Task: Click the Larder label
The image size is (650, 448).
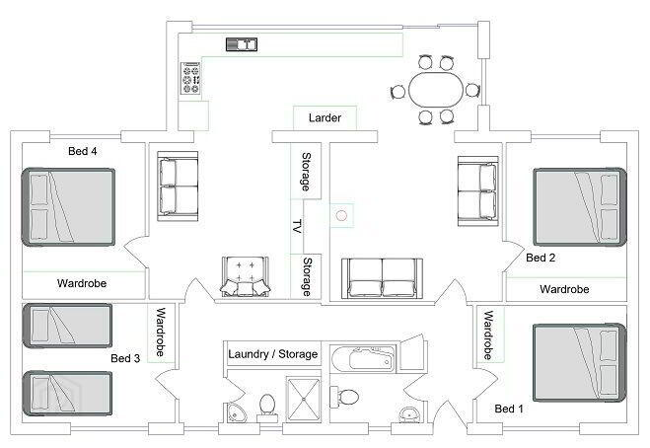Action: [325, 117]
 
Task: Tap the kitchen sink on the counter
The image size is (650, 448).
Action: [242, 44]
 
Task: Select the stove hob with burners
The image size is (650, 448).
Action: [191, 78]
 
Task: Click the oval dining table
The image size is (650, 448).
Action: [436, 90]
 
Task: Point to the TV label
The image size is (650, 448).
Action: [297, 227]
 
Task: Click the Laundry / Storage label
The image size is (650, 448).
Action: [273, 354]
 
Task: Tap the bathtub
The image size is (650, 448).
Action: [361, 357]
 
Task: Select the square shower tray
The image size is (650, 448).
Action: [304, 399]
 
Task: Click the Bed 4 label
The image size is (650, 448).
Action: [83, 151]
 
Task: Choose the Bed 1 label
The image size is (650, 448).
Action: [509, 409]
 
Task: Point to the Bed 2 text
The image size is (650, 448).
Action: [541, 258]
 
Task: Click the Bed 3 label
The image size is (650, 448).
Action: [125, 358]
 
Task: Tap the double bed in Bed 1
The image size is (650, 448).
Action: [579, 363]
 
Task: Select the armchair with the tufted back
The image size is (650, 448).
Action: [246, 276]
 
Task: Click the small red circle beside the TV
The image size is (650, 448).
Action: [341, 215]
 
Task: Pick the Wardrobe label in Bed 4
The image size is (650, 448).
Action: [82, 284]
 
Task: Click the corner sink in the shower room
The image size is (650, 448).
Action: [236, 412]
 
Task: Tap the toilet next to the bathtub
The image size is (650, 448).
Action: [344, 396]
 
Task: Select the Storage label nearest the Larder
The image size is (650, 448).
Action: [306, 172]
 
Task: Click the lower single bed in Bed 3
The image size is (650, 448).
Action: [67, 394]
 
